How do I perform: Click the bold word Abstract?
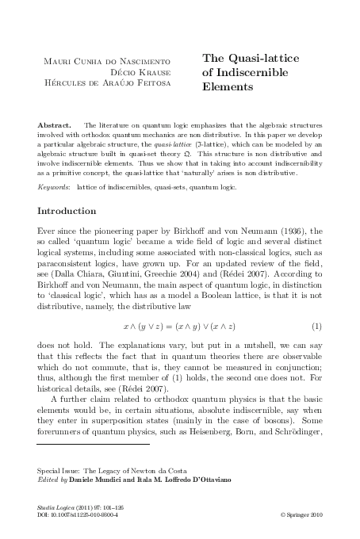click(54, 125)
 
